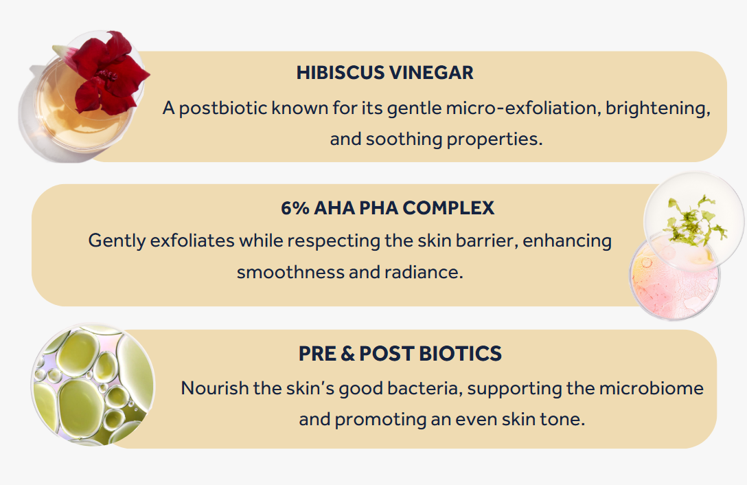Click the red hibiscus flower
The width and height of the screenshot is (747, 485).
110,73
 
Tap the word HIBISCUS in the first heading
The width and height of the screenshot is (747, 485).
340,73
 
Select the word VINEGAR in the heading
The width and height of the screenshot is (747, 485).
432,73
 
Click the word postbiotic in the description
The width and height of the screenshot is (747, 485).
223,109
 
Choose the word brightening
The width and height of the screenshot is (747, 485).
658,109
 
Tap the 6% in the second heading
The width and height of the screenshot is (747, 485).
295,208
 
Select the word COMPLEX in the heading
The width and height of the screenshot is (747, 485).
449,208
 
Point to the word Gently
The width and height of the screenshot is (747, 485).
117,241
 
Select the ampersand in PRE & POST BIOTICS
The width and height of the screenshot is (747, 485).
348,354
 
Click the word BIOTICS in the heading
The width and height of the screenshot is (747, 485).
460,354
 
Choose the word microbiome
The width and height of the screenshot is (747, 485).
651,388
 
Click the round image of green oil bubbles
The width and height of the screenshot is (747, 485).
93,385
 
